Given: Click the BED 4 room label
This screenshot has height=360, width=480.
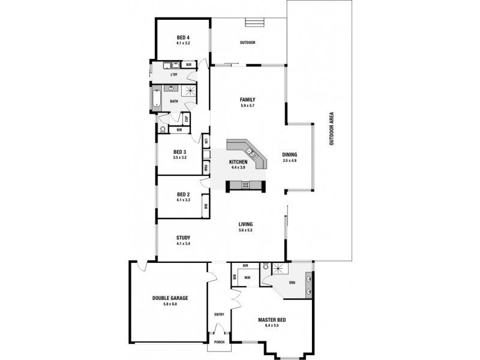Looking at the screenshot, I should pos(183,37).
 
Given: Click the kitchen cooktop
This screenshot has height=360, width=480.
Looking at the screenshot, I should pos(244,185).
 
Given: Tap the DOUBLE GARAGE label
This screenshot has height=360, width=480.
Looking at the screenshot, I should pos(170,298).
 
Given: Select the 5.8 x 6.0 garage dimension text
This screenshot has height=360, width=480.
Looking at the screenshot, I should pos(170,304).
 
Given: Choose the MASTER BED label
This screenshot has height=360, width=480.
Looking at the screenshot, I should pos(272,320).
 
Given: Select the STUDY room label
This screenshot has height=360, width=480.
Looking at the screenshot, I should pos(183,238).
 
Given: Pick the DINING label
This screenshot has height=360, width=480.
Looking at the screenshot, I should pos(290,155).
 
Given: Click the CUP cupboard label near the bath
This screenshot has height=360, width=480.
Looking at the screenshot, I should pos(187,118).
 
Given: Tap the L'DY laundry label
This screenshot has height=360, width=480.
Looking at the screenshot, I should pos(174,74).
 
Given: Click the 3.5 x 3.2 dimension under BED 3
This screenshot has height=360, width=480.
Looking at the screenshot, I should pos(180,157).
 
